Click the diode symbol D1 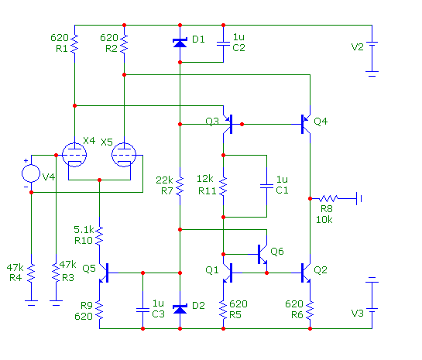tap(180, 43)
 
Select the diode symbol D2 tap(180, 309)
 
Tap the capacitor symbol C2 tap(223, 44)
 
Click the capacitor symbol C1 tap(266, 186)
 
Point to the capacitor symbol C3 tap(143, 310)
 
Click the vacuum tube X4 tap(74, 155)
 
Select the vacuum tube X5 tap(124, 155)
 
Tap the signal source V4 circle tap(31, 173)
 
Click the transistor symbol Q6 tap(261, 254)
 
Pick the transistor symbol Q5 tap(105, 273)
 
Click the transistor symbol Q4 tap(305, 125)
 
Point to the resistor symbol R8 tap(328, 198)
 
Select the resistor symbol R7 tap(180, 186)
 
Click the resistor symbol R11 tap(223, 186)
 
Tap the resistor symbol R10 tap(99, 235)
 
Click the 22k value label tap(164, 180)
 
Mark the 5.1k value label tap(84, 229)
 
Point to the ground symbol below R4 tap(31, 303)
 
